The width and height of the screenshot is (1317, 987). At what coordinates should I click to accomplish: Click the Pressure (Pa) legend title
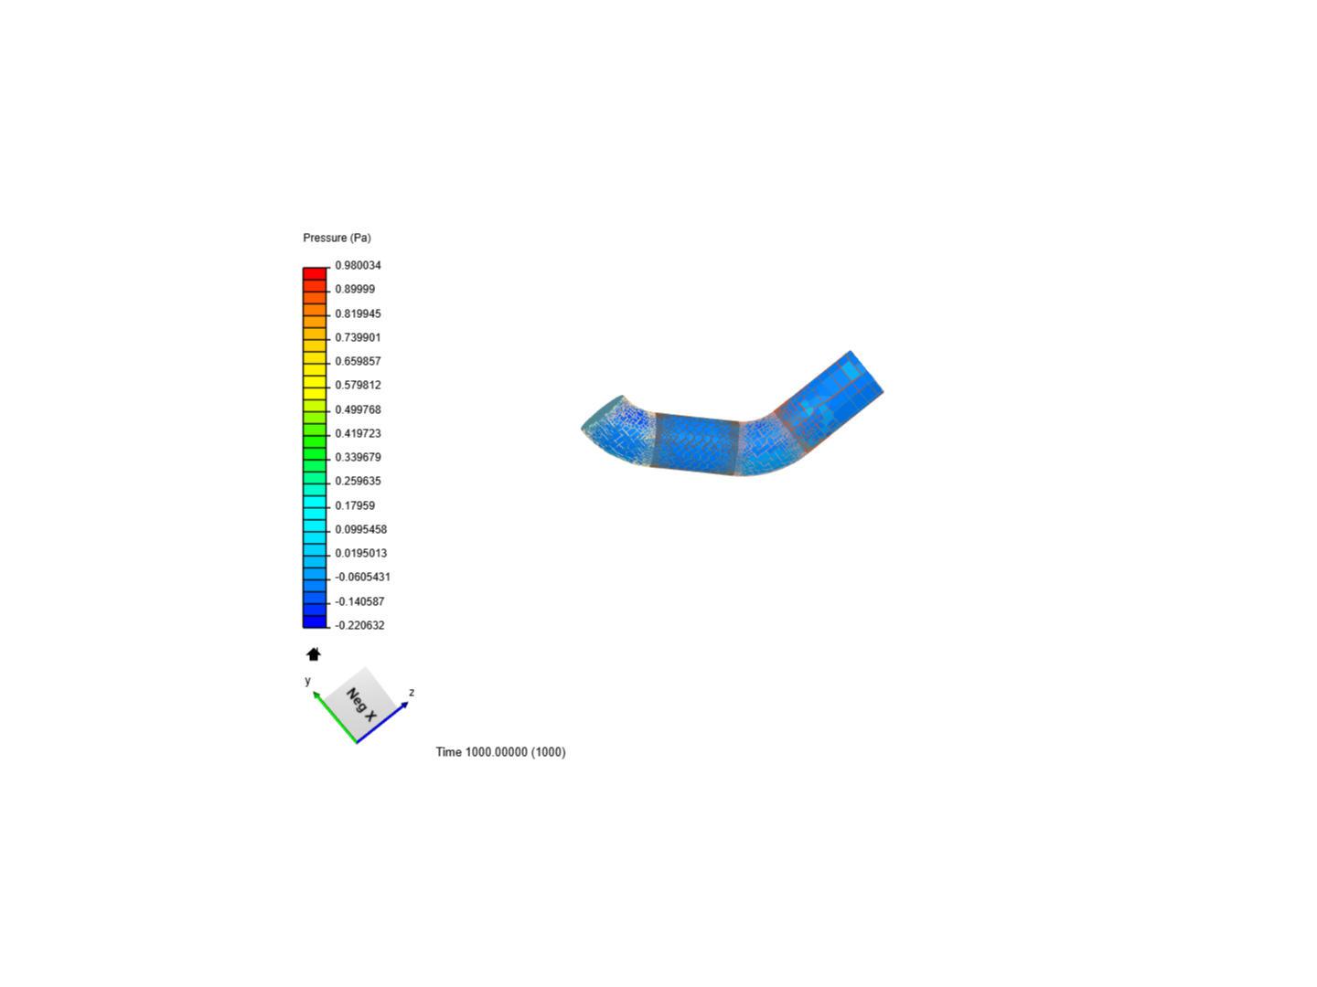(x=337, y=238)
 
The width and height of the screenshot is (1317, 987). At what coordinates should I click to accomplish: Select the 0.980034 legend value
(x=358, y=265)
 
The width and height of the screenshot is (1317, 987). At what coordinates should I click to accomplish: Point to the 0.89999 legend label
(x=355, y=289)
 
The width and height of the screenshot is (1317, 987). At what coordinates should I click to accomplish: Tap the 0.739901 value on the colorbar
(x=358, y=337)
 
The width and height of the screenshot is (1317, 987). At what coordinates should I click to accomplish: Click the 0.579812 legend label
(x=358, y=385)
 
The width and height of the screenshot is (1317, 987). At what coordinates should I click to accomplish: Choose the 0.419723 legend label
(x=358, y=433)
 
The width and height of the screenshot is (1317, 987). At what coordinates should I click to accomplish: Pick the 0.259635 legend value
(x=358, y=481)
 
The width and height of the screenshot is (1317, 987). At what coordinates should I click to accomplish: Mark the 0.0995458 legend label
(x=360, y=529)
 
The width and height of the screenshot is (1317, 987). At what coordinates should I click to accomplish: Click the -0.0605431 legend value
(x=362, y=577)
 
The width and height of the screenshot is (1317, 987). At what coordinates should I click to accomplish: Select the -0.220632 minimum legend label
(x=359, y=625)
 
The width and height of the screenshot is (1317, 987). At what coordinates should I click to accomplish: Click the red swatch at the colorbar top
(x=315, y=273)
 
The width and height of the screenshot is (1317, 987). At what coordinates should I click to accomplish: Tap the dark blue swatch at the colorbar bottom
(x=315, y=621)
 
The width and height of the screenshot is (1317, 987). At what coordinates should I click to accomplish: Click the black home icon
(x=314, y=654)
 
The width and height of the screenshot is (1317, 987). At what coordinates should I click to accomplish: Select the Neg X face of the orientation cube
(x=362, y=704)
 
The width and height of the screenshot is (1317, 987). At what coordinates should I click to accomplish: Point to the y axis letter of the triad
(x=308, y=681)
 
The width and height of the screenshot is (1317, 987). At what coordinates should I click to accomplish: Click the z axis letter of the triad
(x=412, y=693)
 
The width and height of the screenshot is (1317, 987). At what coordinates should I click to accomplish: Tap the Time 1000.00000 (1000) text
(x=500, y=752)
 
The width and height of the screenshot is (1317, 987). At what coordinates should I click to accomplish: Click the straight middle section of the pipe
(x=697, y=444)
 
